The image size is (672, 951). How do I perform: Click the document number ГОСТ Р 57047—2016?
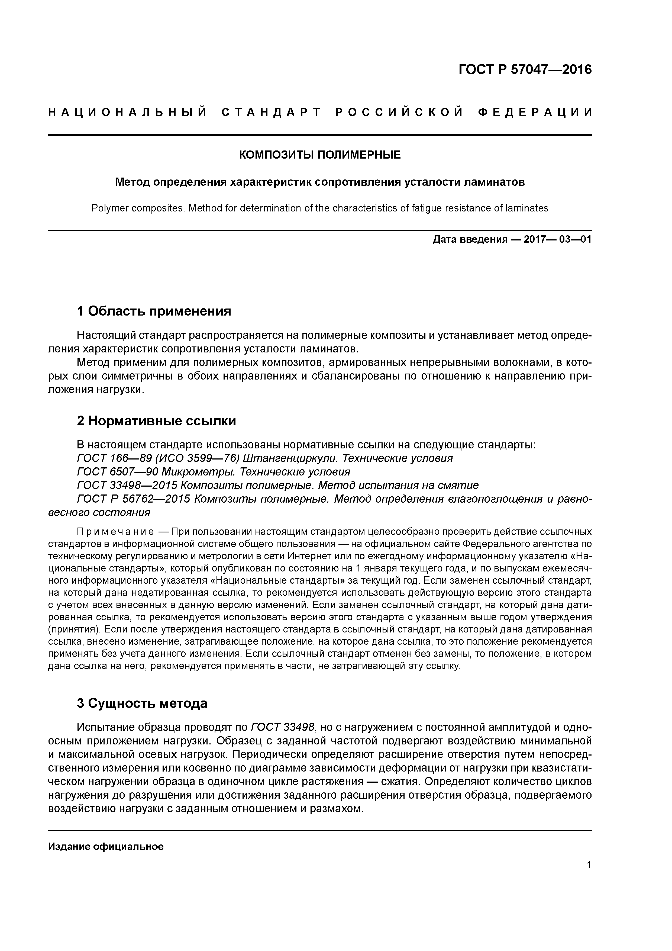pos(525,70)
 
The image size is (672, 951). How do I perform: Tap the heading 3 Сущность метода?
pos(142,703)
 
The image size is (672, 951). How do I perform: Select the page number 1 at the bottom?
pos(589,865)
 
